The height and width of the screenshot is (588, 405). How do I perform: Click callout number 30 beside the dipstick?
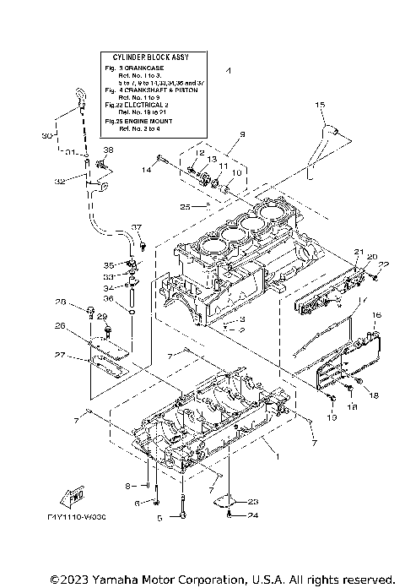pos(46,135)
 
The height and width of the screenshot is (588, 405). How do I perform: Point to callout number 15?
pos(320,104)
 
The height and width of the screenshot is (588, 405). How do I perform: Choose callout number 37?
pos(137,227)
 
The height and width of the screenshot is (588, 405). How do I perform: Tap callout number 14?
pos(145,171)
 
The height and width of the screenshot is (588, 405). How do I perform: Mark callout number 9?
pos(218,134)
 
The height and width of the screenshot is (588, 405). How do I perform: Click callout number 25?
pos(185,206)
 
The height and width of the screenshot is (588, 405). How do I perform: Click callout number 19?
pos(331,418)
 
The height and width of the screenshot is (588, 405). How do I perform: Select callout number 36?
pos(108,298)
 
